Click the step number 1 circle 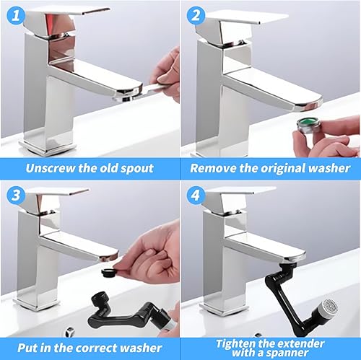[16, 15]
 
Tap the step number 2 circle [195, 15]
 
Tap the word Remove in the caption [214, 168]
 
